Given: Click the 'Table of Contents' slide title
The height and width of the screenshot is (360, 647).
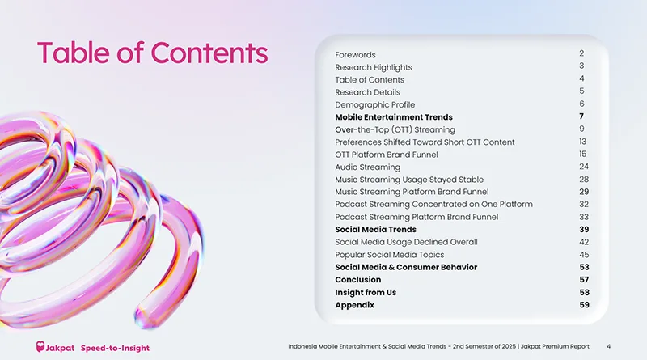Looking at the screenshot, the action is pos(152,53).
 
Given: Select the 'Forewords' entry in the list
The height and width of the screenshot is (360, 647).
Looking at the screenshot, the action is pos(355,55).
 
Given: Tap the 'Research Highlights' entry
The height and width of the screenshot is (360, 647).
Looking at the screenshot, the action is pos(374,67).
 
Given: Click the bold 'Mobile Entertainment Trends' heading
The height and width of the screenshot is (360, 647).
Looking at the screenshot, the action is pos(394,117).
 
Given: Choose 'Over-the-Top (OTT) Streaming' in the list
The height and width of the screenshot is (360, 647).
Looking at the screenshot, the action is pos(395,129).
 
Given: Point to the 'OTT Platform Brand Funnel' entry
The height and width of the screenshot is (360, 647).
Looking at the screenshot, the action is pos(387,155).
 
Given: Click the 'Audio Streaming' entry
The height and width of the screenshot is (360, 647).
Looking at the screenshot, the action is pos(368,167).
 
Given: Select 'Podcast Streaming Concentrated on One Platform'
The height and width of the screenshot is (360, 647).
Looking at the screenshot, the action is pos(433,205).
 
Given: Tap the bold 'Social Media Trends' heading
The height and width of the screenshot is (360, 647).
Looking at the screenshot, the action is pos(375,230).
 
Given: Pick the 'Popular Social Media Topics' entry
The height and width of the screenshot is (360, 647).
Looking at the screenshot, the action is pos(390,255).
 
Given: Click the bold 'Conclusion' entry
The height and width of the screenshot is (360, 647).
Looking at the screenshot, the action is pos(358,279).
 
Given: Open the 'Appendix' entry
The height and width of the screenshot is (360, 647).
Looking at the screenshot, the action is pos(354,305).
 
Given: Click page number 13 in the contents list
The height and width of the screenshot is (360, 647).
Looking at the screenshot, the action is pos(582,142).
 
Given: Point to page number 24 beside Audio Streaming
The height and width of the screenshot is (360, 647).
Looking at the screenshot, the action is pos(584,167).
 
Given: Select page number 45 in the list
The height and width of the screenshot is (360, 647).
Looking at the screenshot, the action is pos(584,255).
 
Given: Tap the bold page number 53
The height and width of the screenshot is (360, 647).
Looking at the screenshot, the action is pos(584,267).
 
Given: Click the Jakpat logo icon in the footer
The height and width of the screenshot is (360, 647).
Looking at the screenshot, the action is pos(40,347).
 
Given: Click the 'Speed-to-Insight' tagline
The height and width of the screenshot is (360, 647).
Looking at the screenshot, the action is pos(115,348).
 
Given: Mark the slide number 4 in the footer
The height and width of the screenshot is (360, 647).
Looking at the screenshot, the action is pos(609,347).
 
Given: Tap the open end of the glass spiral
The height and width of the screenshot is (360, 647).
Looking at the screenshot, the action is pos(146,317).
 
